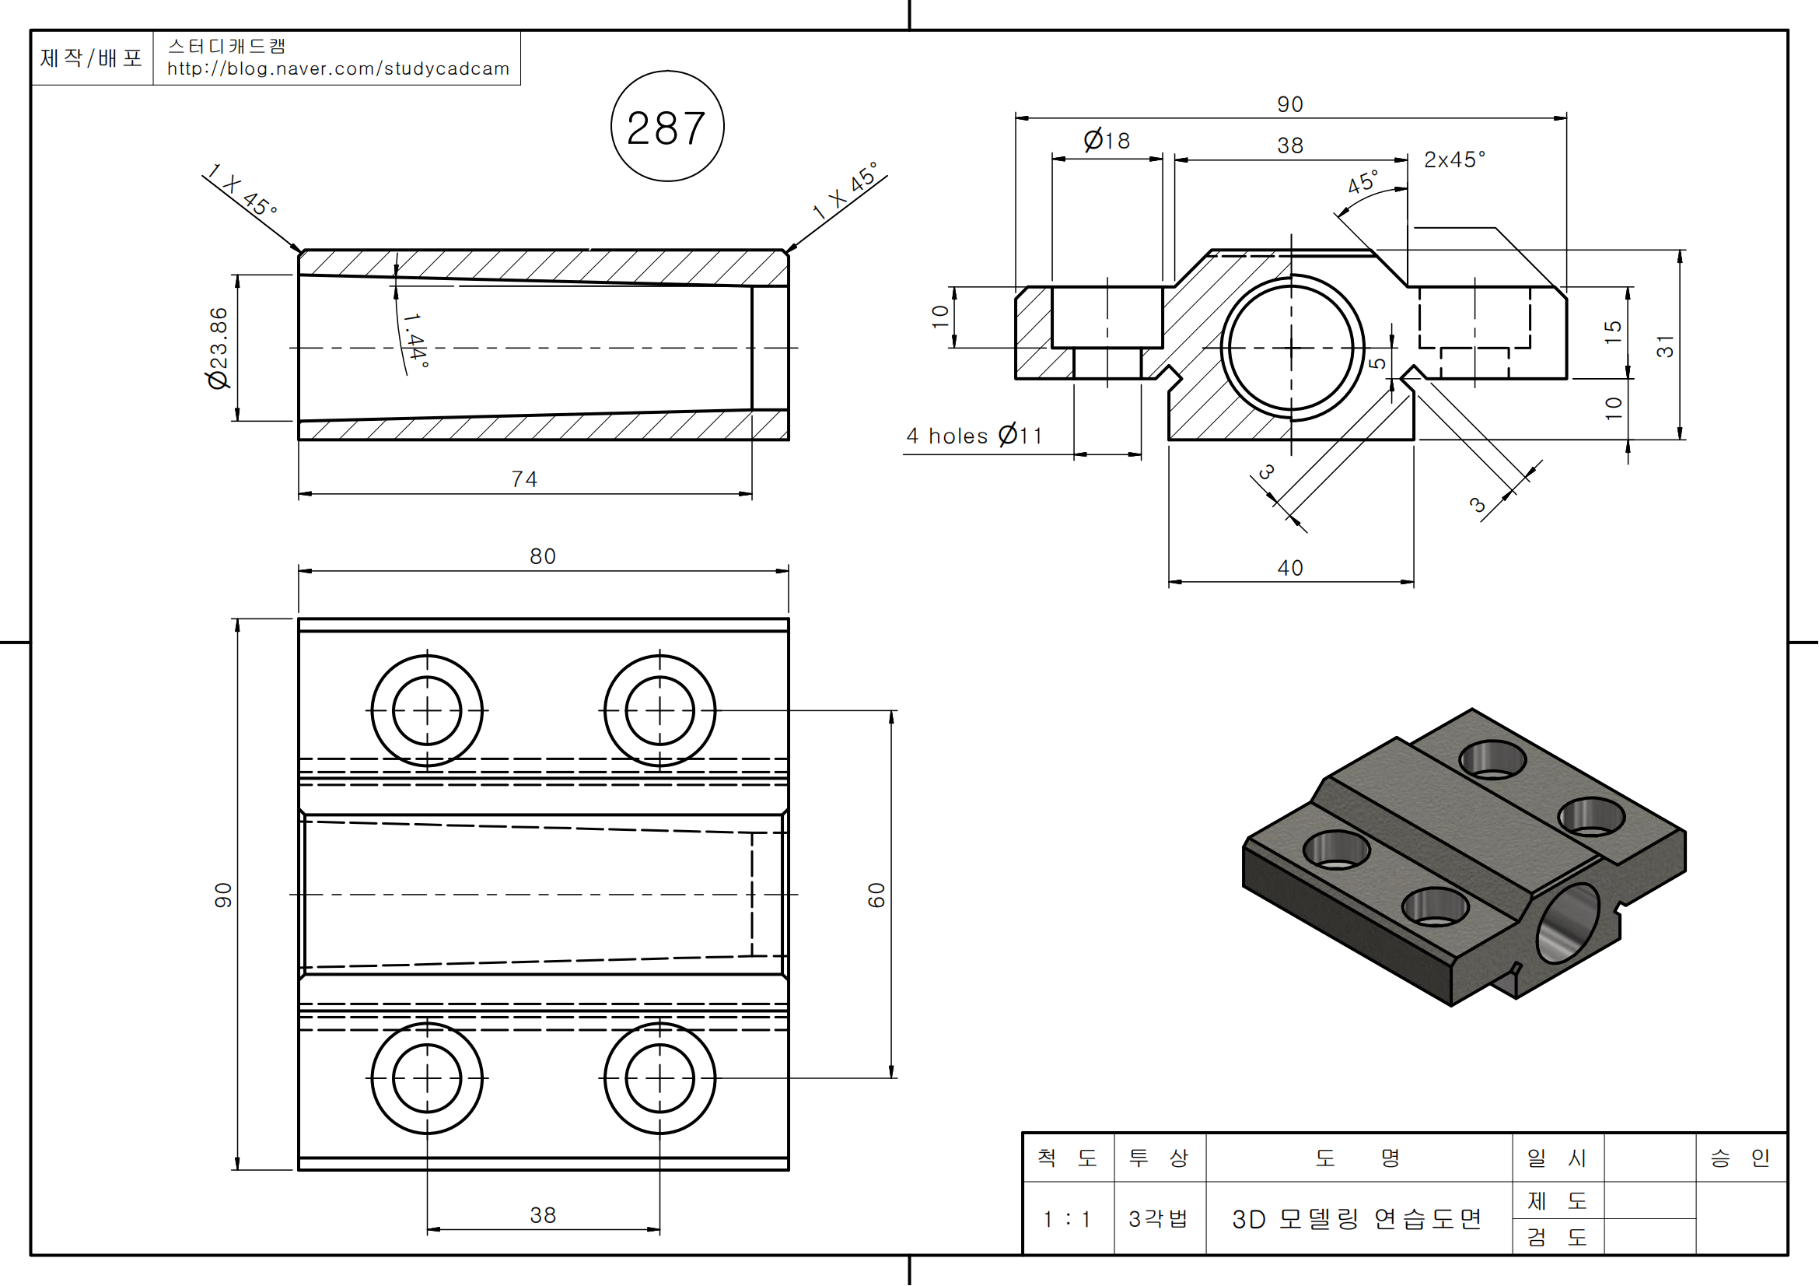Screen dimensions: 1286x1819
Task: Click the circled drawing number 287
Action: click(x=667, y=127)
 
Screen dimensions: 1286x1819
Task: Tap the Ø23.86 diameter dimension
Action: click(x=218, y=348)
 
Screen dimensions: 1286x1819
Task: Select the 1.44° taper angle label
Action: click(x=416, y=340)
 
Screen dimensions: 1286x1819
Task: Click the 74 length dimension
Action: click(x=524, y=479)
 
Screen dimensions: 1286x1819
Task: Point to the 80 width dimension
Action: click(x=543, y=556)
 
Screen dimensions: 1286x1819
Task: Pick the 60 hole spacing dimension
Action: click(x=876, y=895)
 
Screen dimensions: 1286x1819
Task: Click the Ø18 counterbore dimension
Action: click(x=1107, y=140)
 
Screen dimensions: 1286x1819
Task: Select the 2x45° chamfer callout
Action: click(x=1454, y=160)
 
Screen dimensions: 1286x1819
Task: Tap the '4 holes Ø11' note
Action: click(x=974, y=436)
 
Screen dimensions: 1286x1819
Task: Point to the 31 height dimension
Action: click(x=1665, y=346)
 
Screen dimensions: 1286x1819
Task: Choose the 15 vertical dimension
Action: click(x=1612, y=332)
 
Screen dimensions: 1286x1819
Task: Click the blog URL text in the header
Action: click(x=338, y=69)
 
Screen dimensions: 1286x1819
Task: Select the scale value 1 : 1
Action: click(x=1067, y=1218)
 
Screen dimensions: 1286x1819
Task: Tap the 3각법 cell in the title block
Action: click(x=1159, y=1218)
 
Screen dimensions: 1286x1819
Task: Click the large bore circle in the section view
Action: click(x=1292, y=347)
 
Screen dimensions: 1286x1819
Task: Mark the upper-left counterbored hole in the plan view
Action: click(x=427, y=711)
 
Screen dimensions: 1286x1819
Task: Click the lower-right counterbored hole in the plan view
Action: click(x=660, y=1078)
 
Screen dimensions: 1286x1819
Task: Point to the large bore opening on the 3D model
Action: click(x=1568, y=923)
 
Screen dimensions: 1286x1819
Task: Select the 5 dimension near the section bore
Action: click(x=1378, y=362)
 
